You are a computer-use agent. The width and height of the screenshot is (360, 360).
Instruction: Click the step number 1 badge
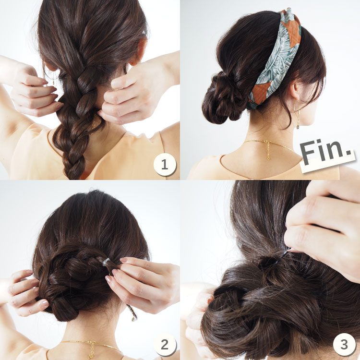click(165, 165)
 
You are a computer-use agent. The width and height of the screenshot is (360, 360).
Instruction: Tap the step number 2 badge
click(165, 344)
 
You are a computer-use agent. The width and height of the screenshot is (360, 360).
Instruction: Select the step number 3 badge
click(344, 344)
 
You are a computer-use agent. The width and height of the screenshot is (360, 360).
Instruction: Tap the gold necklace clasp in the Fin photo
click(268, 150)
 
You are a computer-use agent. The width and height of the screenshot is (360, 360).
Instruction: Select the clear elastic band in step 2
click(106, 262)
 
